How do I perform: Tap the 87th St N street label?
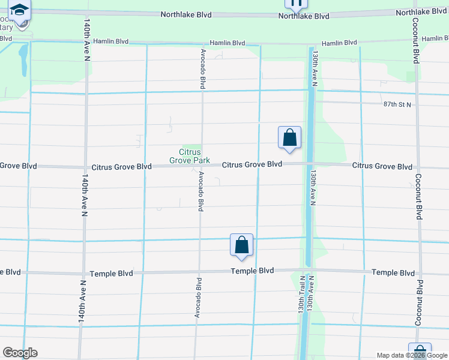397,104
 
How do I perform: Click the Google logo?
20,353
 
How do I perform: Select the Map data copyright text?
412,355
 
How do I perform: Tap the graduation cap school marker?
20,10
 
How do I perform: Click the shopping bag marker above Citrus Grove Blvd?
289,138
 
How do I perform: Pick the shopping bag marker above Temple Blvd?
242,245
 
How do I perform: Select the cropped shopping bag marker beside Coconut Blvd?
420,352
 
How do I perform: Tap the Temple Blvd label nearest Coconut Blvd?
393,272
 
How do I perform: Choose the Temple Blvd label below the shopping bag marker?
252,271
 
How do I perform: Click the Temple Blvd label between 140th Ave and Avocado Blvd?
111,273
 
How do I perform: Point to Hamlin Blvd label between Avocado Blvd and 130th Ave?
228,43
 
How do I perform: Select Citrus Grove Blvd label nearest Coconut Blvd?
382,166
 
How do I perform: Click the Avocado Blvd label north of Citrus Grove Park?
203,70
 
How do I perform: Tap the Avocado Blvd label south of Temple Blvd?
197,297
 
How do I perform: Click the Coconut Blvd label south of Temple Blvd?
420,303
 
